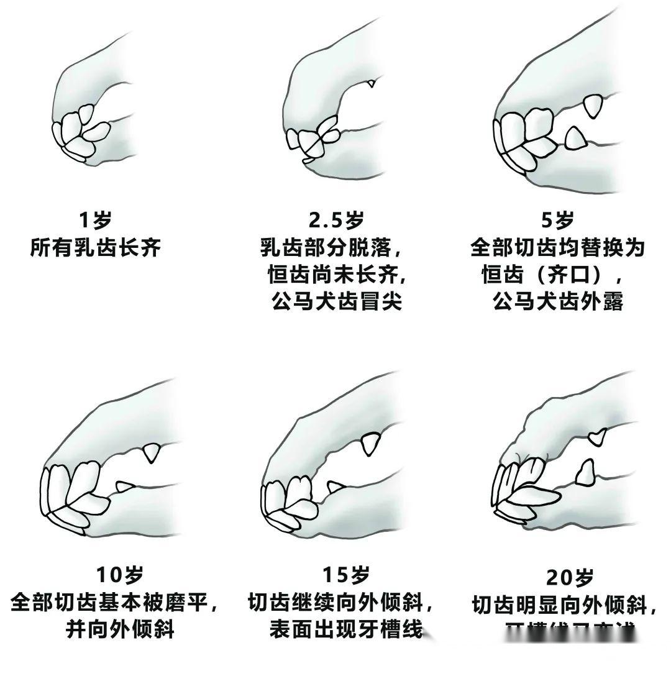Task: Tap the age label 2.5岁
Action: (336, 220)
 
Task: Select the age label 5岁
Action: (557, 220)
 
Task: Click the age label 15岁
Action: (345, 575)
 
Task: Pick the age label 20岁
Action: (570, 577)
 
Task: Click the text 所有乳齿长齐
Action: (95, 249)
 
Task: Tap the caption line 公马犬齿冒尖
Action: (336, 301)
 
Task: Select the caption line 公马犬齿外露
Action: (557, 301)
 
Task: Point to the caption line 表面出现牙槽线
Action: (345, 629)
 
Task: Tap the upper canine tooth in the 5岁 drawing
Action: (594, 106)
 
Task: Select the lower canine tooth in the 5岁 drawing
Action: (575, 137)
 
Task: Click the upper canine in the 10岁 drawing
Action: (150, 453)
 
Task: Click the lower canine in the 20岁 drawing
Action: (585, 473)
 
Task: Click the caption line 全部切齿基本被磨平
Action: (114, 602)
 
